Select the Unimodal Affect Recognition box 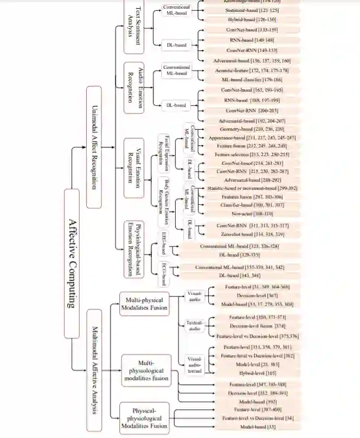[94, 146]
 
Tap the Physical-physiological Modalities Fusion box [144, 417]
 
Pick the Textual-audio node [194, 325]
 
